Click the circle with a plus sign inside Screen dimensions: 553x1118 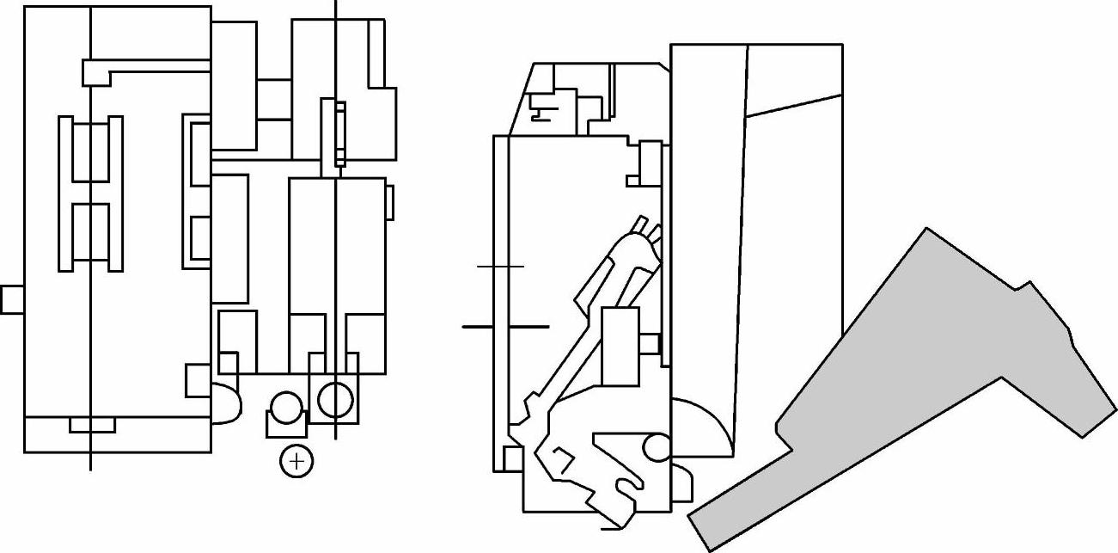pos(296,462)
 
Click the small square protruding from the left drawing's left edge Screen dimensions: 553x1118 pos(11,299)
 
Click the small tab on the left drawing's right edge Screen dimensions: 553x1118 pos(389,201)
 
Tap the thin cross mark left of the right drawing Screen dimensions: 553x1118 pos(500,267)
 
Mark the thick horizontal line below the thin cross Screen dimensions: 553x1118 pos(505,327)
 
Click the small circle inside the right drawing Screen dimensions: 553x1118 pos(655,446)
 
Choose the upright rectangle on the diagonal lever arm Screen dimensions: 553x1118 pos(620,346)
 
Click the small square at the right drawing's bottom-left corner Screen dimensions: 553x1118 pos(512,459)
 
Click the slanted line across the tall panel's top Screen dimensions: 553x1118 pos(794,105)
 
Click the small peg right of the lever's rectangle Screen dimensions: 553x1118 pos(651,343)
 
